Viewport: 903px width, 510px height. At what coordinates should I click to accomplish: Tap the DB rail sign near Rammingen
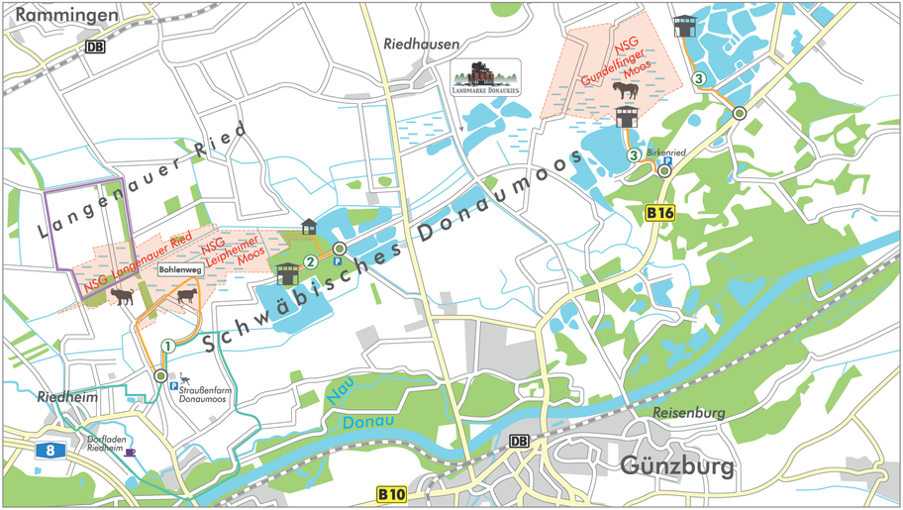95,47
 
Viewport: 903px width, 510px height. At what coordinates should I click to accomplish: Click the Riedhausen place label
421,45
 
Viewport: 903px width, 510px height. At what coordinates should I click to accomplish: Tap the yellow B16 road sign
659,212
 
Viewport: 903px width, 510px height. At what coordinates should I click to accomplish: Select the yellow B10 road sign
392,492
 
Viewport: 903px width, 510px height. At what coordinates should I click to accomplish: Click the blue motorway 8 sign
51,450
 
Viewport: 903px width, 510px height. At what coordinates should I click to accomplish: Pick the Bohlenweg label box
179,269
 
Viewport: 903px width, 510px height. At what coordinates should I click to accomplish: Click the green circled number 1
168,346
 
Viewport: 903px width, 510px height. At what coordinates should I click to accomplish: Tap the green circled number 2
311,262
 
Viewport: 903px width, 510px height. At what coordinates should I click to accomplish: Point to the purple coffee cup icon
130,452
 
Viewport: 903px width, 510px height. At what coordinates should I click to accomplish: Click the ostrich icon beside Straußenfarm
185,377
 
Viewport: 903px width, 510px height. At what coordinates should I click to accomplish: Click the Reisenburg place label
689,412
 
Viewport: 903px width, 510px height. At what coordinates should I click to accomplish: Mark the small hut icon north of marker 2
309,226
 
